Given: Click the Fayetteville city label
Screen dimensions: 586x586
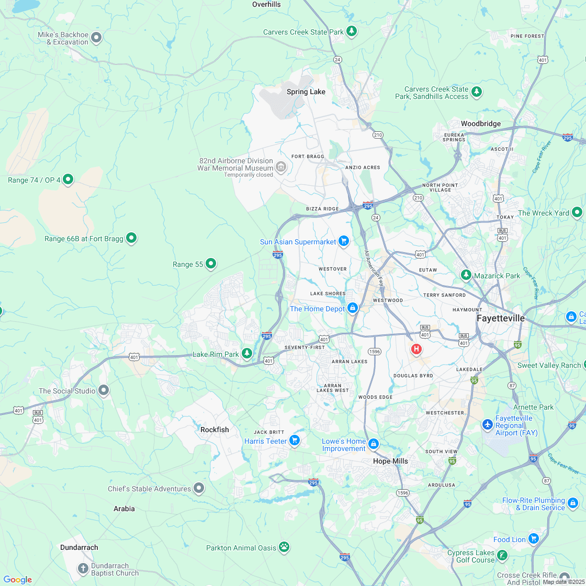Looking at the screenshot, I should point(500,318).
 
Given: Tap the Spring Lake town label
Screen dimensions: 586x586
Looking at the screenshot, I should point(306,92).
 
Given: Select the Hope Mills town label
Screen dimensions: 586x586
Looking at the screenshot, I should point(390,461).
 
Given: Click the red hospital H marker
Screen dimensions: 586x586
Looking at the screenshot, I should point(416,349).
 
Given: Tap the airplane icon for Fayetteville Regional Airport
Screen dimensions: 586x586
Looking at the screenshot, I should point(488,424).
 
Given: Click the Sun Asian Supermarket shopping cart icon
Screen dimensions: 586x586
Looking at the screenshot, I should point(344,241).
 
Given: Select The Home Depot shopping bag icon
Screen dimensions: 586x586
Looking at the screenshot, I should point(353,308).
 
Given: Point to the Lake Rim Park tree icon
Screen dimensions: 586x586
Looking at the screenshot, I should point(246,353).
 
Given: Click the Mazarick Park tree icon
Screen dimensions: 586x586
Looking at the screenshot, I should point(466,274).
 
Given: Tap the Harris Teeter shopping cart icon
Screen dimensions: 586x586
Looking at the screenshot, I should point(295,440).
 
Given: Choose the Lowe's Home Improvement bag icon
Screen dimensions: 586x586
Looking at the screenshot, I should point(373,444).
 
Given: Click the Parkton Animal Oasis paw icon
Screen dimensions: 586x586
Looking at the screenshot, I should point(284,547).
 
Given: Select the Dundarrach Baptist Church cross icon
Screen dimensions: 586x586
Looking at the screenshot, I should point(83,568).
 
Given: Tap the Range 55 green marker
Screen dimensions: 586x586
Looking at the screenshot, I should point(211,263).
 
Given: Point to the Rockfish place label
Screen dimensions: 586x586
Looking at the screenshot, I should point(215,430).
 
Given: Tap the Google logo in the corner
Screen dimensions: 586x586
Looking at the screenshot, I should point(17,579).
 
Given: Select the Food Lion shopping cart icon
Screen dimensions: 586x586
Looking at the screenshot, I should point(533,538).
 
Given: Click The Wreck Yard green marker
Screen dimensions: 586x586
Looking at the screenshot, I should point(577,212).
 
